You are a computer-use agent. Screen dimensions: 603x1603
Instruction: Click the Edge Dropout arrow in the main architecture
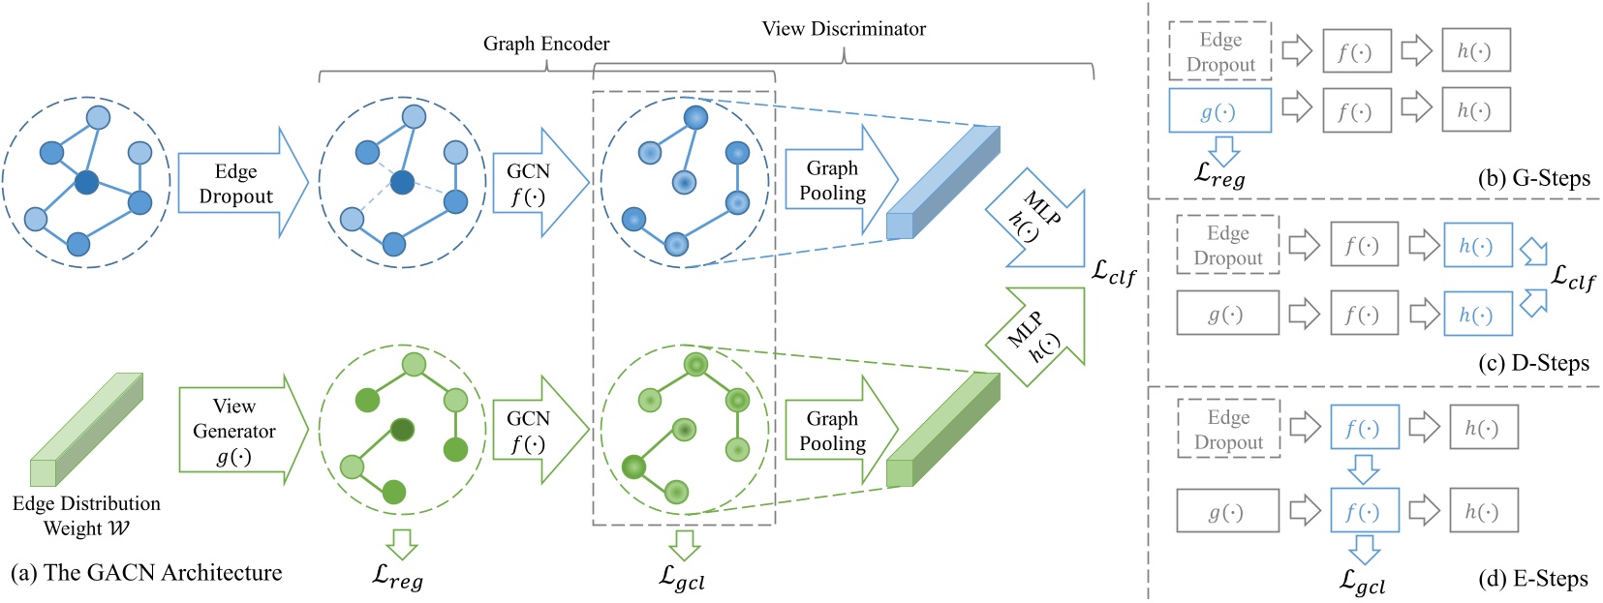click(x=236, y=183)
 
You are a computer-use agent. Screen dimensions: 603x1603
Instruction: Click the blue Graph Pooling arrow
click(x=835, y=180)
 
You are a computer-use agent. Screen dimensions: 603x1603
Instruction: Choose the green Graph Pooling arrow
click(x=835, y=431)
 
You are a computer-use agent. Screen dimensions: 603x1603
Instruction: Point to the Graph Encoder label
click(x=546, y=44)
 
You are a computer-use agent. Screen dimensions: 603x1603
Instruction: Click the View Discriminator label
click(x=844, y=29)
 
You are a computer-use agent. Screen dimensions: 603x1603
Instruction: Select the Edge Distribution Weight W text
click(x=86, y=516)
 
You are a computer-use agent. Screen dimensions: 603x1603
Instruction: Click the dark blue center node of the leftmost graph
click(x=87, y=181)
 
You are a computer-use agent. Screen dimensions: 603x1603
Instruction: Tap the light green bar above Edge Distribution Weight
click(x=86, y=430)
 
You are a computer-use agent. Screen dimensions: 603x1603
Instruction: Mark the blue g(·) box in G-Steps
click(x=1218, y=111)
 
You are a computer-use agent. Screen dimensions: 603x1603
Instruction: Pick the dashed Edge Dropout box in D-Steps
click(x=1227, y=246)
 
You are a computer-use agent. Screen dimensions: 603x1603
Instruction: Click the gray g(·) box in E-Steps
click(x=1226, y=512)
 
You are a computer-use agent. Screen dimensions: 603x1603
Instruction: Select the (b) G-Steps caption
click(x=1533, y=178)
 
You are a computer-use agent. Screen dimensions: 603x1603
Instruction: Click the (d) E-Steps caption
click(x=1532, y=579)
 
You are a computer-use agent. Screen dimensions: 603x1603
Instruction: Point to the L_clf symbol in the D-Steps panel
click(x=1573, y=277)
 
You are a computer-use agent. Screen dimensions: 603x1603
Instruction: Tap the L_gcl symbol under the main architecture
click(x=682, y=578)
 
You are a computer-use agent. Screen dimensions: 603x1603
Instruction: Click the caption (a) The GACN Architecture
click(x=146, y=573)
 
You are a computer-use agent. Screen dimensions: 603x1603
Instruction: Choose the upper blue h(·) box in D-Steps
click(x=1477, y=246)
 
